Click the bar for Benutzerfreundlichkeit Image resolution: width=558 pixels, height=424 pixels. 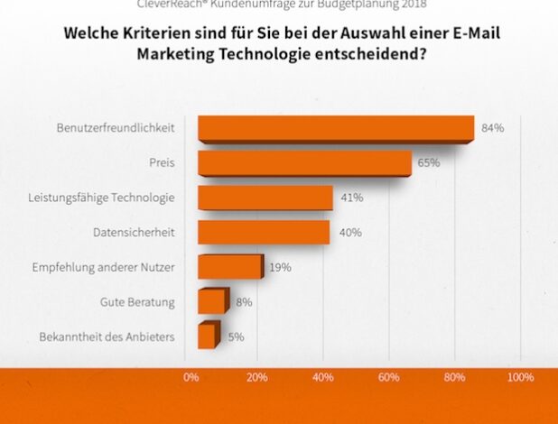click(x=335, y=128)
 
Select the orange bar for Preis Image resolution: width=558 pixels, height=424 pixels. click(x=303, y=163)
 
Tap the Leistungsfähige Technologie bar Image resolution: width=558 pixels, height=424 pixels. click(x=265, y=198)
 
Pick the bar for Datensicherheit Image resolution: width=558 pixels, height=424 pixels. click(x=263, y=232)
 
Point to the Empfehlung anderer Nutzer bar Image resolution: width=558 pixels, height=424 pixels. click(x=229, y=267)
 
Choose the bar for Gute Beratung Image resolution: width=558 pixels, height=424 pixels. click(x=212, y=301)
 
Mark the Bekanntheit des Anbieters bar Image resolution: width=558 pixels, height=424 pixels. click(x=207, y=336)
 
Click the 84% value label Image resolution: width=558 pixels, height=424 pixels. click(x=492, y=128)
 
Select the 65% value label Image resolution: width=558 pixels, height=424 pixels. click(x=429, y=163)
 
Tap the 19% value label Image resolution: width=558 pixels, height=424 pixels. click(x=280, y=267)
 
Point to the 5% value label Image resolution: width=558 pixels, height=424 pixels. click(x=236, y=336)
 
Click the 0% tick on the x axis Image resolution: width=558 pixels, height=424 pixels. click(x=191, y=377)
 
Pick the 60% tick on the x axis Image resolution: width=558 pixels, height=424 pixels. click(x=389, y=377)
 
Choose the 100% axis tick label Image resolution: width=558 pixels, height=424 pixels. click(x=520, y=377)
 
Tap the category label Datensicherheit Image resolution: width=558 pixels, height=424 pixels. click(x=134, y=233)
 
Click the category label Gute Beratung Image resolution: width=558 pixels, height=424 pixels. click(x=138, y=301)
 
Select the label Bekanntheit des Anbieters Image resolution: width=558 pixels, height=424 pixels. click(x=107, y=336)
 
